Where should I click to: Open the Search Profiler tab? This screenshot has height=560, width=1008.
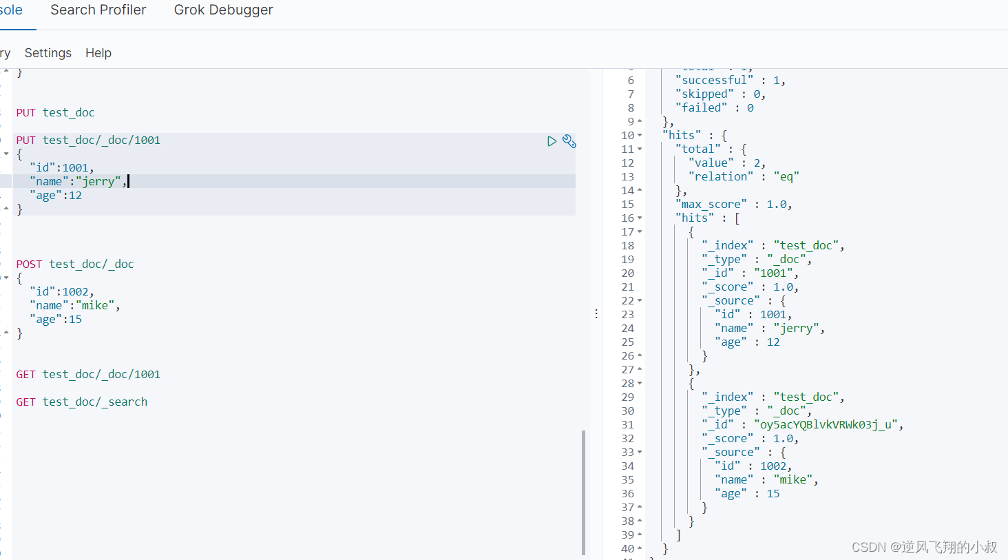tap(98, 10)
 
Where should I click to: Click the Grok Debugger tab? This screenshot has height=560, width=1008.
tap(223, 10)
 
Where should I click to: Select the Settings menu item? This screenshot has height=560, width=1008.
tap(48, 53)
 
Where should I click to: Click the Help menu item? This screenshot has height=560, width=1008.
tap(98, 53)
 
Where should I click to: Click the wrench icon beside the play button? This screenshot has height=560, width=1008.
tap(569, 141)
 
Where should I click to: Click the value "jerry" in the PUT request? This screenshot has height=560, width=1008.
tap(98, 181)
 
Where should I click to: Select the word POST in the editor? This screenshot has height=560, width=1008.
tap(29, 264)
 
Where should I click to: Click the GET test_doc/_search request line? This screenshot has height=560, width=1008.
tap(82, 402)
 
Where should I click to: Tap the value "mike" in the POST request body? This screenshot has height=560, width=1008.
tap(95, 306)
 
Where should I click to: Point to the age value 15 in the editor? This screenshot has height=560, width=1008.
tap(75, 320)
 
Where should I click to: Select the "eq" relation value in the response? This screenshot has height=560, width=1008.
tap(786, 177)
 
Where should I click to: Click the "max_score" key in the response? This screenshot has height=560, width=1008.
tap(711, 205)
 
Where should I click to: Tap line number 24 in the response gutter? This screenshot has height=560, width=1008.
tap(627, 329)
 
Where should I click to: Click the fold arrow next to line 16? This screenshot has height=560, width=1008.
tap(640, 218)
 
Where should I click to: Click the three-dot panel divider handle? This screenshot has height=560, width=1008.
tap(596, 314)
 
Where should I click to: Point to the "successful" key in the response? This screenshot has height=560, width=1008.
tap(714, 80)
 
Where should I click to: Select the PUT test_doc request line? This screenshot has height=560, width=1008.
tap(55, 112)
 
